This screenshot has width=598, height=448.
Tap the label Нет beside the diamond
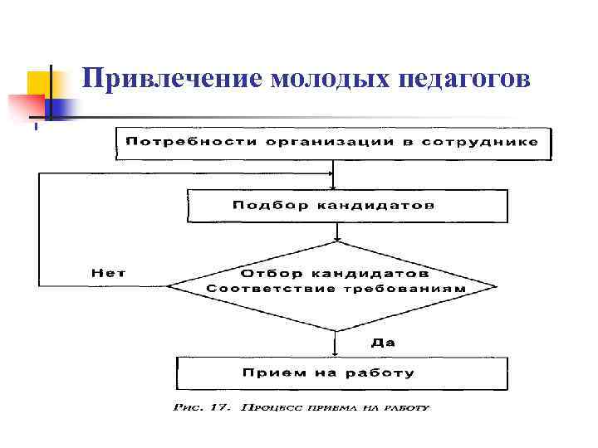[x=109, y=272]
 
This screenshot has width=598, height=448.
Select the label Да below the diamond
[x=382, y=341]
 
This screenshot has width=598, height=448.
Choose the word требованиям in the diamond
[x=415, y=289]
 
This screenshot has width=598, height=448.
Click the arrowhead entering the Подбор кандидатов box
[x=334, y=186]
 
